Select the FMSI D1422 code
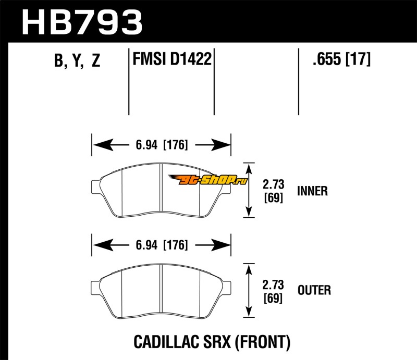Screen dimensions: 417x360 (x=172, y=59)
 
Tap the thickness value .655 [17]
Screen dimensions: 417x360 (x=341, y=59)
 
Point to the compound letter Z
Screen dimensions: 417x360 (x=96, y=60)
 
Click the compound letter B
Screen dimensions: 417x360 (x=59, y=61)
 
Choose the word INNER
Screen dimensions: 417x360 (x=312, y=191)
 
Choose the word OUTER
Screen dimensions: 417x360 (x=314, y=290)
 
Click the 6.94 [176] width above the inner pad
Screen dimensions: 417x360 (x=162, y=145)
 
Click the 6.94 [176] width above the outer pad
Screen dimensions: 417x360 (x=162, y=245)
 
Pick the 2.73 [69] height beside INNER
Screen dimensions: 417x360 (x=273, y=191)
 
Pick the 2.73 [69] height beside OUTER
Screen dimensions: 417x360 (x=273, y=291)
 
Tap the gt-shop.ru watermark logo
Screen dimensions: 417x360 (x=207, y=179)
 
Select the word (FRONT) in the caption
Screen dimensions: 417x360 (x=263, y=342)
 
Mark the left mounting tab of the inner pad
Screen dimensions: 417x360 (x=96, y=187)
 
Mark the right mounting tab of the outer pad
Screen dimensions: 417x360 (x=227, y=288)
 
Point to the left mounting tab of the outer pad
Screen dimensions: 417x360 (x=96, y=288)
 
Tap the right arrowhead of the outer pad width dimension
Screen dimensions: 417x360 (x=220, y=245)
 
